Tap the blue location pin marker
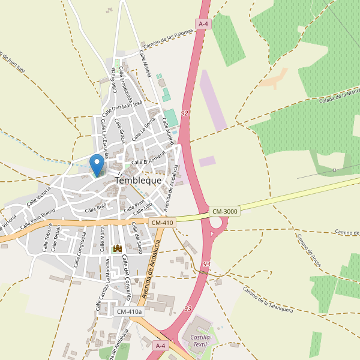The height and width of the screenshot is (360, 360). tap(96, 164)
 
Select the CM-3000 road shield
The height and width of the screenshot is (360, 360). tap(225, 211)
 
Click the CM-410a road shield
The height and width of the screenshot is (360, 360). tap(130, 311)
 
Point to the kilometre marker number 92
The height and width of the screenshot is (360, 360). tap(184, 113)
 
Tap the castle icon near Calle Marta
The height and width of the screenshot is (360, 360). tap(118, 248)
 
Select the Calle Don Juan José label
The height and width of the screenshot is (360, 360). tap(122, 108)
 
